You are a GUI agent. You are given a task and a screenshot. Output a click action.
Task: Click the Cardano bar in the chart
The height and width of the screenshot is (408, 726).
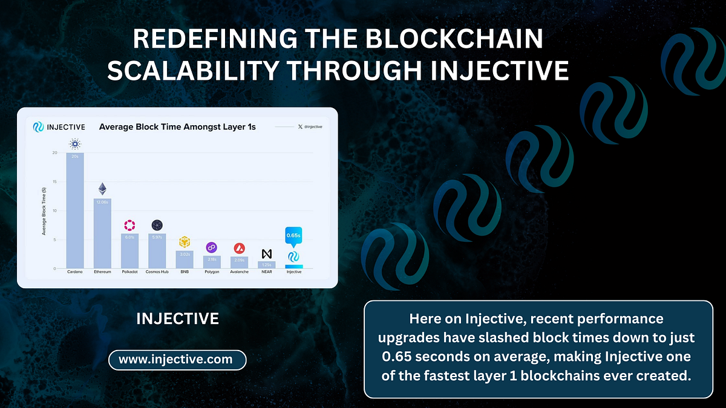[75, 212]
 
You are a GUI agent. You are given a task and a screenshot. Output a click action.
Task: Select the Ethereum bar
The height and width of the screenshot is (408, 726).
[102, 233]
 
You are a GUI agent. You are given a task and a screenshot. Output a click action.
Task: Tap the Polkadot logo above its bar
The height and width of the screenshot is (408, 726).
[130, 225]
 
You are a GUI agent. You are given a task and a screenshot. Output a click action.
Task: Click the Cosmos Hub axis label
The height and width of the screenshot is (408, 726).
[157, 272]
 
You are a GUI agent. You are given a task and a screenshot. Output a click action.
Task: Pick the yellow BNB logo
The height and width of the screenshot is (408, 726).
[185, 242]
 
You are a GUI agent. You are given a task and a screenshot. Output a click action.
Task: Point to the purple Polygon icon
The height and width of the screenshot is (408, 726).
[212, 247]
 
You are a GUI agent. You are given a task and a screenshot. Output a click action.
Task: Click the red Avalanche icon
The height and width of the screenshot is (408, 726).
[240, 248]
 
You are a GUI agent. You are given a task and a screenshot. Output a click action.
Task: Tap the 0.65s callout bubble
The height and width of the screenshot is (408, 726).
[294, 235]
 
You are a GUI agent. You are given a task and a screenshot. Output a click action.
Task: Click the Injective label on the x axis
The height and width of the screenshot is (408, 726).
[294, 272]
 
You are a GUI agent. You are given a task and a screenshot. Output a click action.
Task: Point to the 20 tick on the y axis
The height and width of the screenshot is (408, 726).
[55, 153]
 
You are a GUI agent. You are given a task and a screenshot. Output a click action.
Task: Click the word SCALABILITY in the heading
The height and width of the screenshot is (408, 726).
[192, 71]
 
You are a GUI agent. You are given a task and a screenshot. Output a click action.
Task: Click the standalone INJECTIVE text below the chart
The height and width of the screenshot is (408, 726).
[177, 319]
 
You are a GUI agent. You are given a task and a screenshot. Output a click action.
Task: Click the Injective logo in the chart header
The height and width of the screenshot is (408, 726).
[38, 127]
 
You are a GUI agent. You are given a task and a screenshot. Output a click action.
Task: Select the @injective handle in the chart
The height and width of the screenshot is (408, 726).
[312, 127]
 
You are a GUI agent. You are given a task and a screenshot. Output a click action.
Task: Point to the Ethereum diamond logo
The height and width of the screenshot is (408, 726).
[102, 189]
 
